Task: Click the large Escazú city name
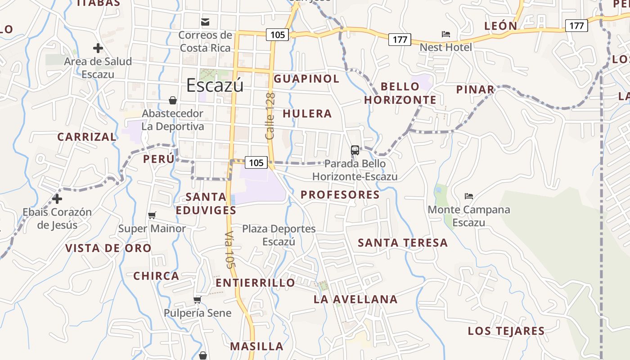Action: pyautogui.click(x=215, y=85)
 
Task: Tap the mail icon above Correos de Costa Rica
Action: pyautogui.click(x=205, y=22)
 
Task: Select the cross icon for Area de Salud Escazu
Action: pyautogui.click(x=98, y=48)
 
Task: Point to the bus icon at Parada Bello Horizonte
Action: pyautogui.click(x=355, y=150)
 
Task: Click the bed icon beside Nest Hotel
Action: pyautogui.click(x=446, y=34)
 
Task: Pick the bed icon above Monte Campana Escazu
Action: pyautogui.click(x=469, y=196)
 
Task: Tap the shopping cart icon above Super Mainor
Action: pyautogui.click(x=152, y=216)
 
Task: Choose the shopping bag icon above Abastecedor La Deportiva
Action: pyautogui.click(x=173, y=100)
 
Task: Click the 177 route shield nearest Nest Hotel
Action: pyautogui.click(x=400, y=40)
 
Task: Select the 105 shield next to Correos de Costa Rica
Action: pyautogui.click(x=277, y=34)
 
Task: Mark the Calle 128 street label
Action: pyautogui.click(x=270, y=116)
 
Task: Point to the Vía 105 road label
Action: pyautogui.click(x=230, y=250)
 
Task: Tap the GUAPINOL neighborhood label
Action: pyautogui.click(x=306, y=79)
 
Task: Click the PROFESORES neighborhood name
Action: pyautogui.click(x=340, y=195)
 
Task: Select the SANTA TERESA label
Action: pyautogui.click(x=403, y=243)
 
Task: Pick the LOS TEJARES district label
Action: pyautogui.click(x=506, y=331)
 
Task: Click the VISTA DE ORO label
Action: pyautogui.click(x=108, y=248)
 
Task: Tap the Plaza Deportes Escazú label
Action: pyautogui.click(x=279, y=235)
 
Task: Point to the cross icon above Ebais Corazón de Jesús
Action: pyautogui.click(x=57, y=198)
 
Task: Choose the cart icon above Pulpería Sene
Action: pyautogui.click(x=197, y=300)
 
